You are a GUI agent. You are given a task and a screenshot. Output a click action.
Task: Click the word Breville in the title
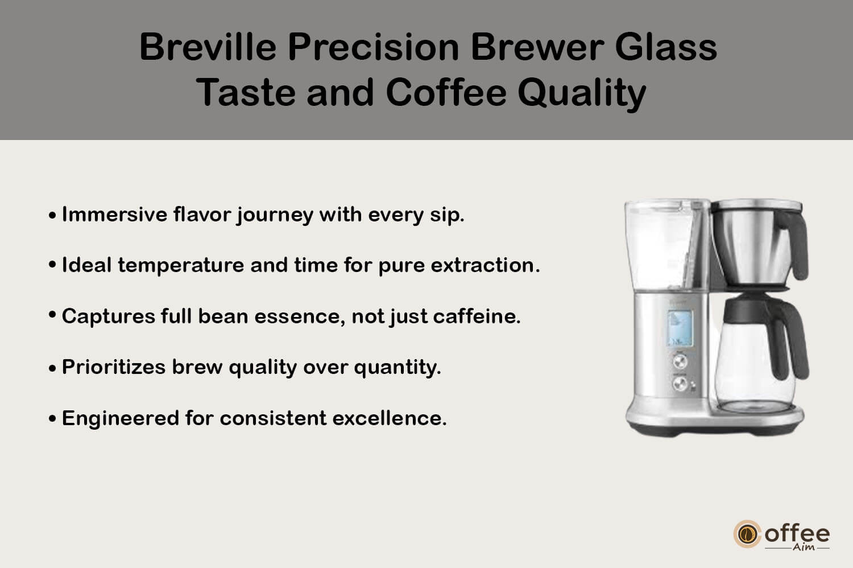208,47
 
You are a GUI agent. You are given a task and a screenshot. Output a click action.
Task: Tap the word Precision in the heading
373,47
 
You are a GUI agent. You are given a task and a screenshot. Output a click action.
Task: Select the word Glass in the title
666,47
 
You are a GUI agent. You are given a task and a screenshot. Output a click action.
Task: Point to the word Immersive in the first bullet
114,214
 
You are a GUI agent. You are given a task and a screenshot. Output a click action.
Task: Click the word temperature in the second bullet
181,265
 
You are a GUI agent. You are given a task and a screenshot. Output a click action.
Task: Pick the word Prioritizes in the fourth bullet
114,367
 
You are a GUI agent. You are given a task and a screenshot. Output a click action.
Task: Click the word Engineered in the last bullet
121,418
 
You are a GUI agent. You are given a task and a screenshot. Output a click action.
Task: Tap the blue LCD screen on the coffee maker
680,328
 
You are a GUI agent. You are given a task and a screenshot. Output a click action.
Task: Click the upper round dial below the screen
679,361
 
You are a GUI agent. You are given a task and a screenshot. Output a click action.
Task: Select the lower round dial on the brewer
679,384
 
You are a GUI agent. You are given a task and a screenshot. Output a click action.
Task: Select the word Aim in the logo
804,547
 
